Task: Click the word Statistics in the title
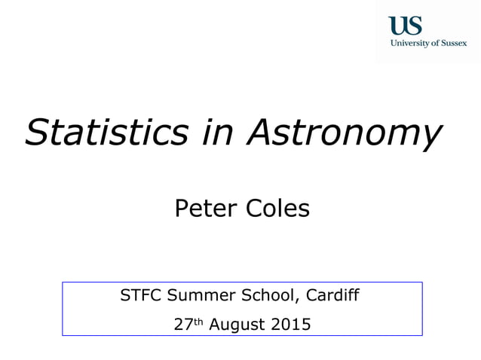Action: pos(106,133)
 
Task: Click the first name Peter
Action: pos(203,207)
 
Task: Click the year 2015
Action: pos(290,325)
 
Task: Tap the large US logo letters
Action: pos(405,26)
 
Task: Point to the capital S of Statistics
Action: pos(36,133)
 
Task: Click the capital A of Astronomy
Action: pos(259,133)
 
